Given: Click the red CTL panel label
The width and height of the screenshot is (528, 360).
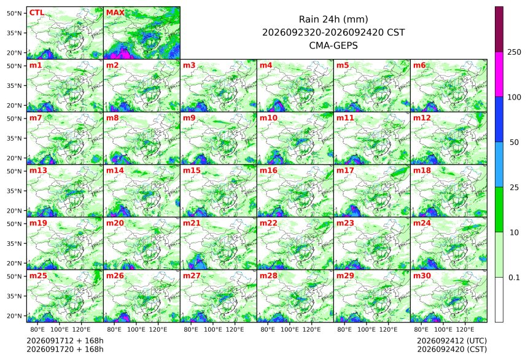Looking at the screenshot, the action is (37, 13).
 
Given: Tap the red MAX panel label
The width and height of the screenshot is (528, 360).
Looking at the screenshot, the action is (115, 13).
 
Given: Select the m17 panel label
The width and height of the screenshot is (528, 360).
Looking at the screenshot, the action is (345, 171).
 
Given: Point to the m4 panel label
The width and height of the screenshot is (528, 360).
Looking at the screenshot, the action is (266, 65).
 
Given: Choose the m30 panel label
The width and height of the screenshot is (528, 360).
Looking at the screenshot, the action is (422, 276).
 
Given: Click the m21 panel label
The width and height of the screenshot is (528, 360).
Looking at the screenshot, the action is (192, 223).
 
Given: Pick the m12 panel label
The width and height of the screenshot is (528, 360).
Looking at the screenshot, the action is (422, 118).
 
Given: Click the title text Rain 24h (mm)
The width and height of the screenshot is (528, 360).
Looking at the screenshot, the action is (333, 19).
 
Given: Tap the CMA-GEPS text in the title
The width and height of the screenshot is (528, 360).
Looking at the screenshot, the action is (333, 45).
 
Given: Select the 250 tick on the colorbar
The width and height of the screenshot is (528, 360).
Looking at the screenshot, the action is (514, 52).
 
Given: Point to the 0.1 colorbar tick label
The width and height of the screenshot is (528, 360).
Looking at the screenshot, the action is (514, 278).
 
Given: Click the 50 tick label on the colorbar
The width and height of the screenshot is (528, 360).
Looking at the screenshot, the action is (514, 143).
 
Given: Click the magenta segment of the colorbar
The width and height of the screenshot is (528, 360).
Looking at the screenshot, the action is (499, 74).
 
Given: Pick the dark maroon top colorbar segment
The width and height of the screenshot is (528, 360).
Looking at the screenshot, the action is (499, 29).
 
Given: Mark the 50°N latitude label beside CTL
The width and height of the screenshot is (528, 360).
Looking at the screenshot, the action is (14, 13).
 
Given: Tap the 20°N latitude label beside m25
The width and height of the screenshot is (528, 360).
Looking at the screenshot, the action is (14, 316).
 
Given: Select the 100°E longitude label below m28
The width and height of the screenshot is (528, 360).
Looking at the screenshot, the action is (290, 329).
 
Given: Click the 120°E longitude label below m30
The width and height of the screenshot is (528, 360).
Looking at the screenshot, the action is (465, 329).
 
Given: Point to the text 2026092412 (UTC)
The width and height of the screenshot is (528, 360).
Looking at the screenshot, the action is (452, 341).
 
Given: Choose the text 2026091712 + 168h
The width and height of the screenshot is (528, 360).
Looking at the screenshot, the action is (65, 341).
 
